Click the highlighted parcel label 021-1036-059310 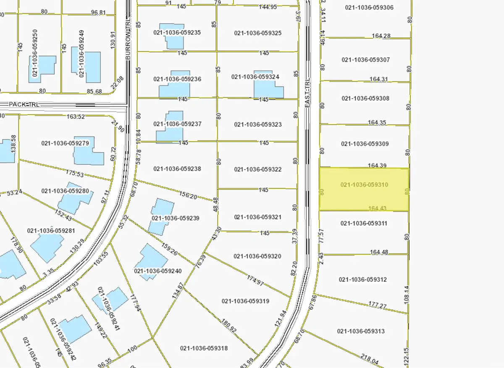pos(364,185)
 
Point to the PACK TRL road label pos(25,104)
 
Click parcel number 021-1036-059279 pos(65,144)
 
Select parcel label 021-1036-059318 pos(204,348)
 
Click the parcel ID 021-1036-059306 pos(369,8)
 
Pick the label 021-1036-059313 pos(361,331)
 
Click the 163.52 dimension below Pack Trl pos(76,117)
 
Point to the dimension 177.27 pos(378,305)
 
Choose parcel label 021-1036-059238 pos(177,169)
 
